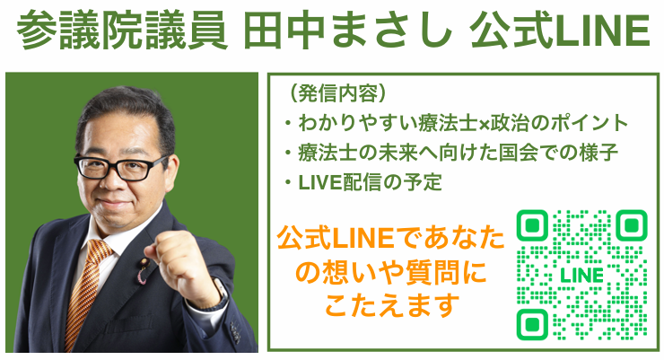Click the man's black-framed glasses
point(121,167)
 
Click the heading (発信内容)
point(336,92)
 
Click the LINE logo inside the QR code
point(581,276)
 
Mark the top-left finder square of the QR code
point(532,225)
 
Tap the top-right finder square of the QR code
point(632,225)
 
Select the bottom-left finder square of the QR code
point(532,324)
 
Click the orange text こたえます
point(392,306)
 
